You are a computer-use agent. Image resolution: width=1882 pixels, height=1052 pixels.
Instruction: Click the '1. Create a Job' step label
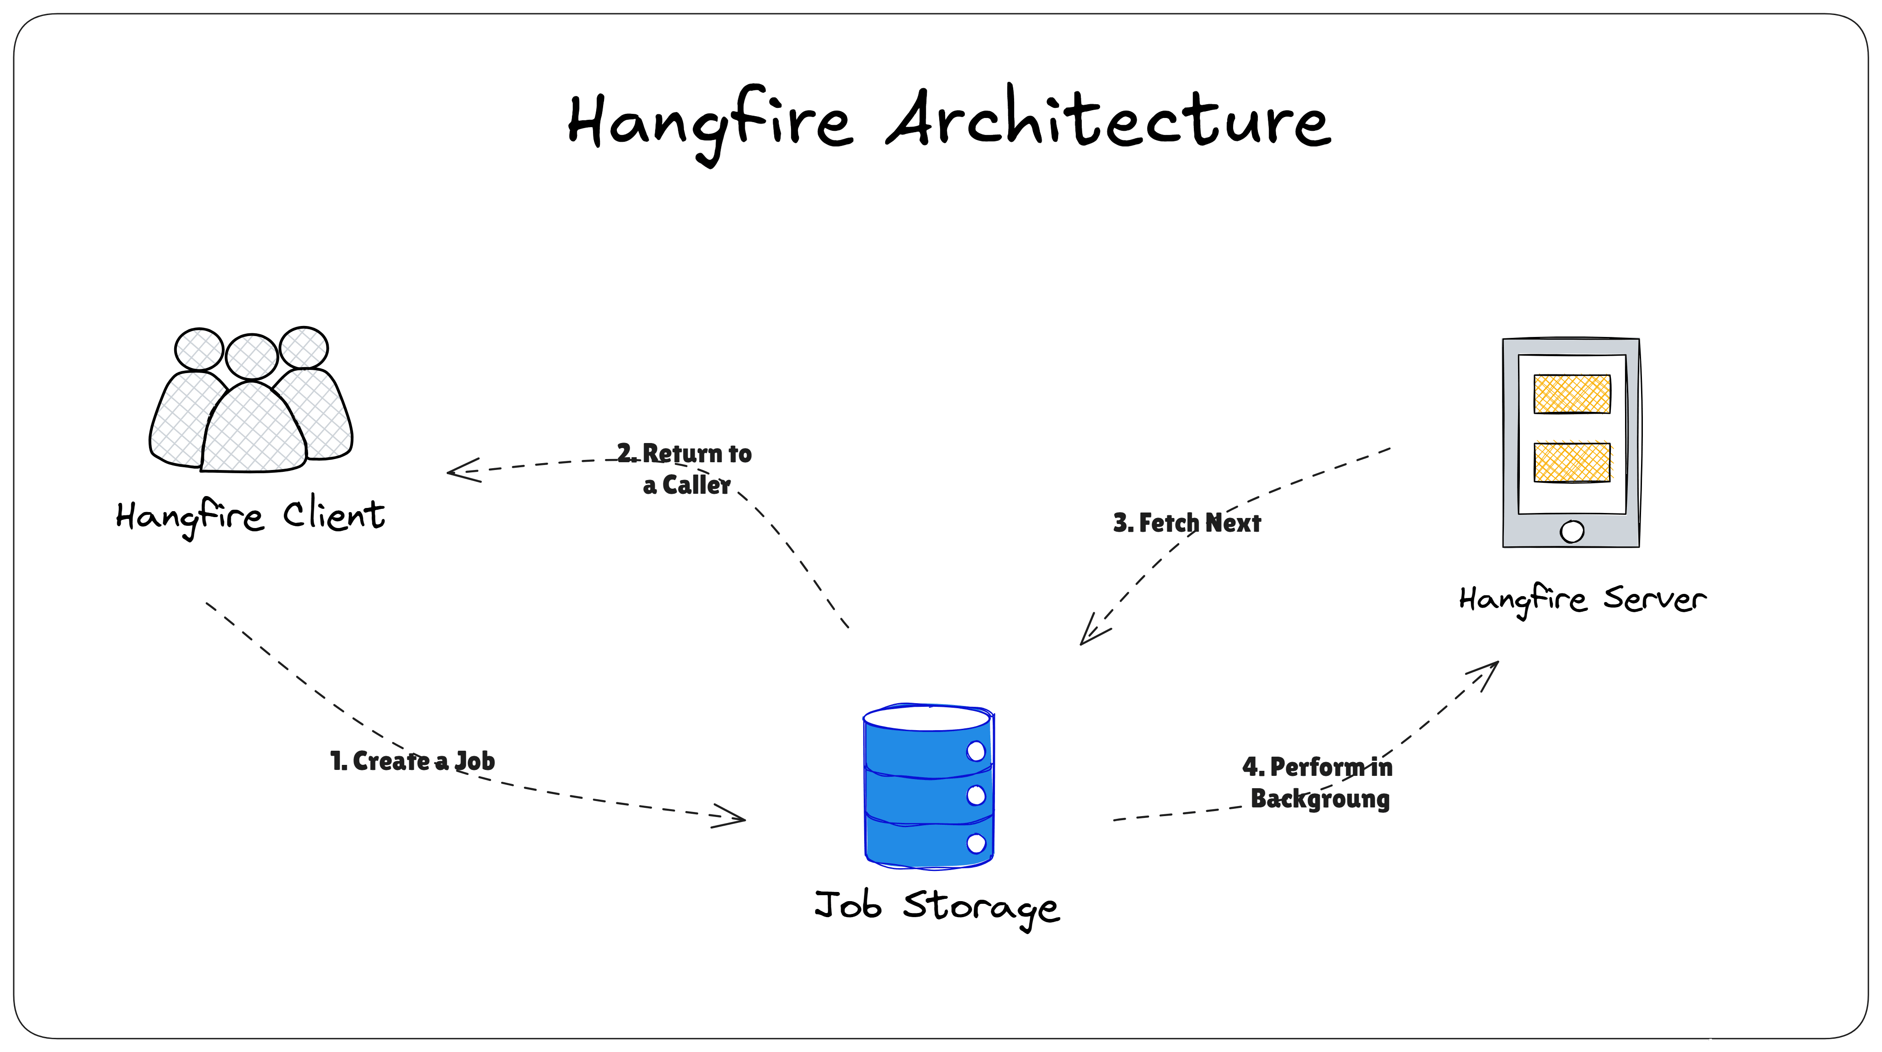click(412, 761)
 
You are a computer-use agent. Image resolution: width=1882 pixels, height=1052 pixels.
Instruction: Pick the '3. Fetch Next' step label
click(1187, 523)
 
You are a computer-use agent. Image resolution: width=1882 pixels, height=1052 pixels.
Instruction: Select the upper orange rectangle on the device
click(1572, 395)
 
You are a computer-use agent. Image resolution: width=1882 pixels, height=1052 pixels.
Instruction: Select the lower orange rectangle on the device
click(1572, 462)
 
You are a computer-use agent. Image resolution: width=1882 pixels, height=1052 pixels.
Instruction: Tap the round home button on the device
click(1572, 531)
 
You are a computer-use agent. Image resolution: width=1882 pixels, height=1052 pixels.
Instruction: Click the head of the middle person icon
click(251, 357)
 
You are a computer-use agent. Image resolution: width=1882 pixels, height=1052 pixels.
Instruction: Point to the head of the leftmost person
click(199, 349)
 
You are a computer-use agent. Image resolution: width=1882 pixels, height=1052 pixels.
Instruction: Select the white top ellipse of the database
click(926, 718)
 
